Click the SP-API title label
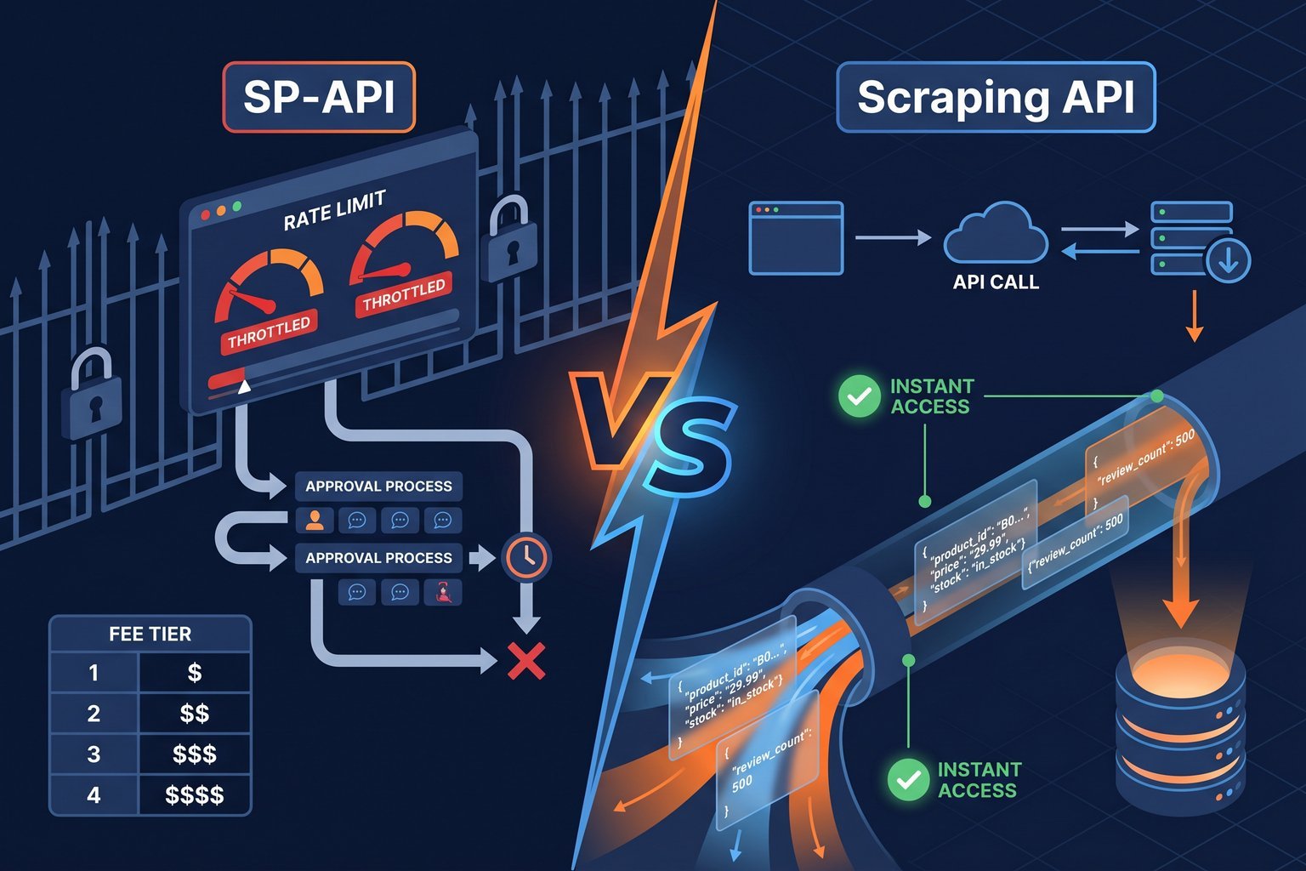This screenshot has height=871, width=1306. coord(319,97)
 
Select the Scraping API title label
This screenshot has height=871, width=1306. coord(996,97)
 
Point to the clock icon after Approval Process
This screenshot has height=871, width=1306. coord(527,557)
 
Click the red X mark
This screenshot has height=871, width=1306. coord(526,661)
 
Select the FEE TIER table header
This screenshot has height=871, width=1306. coord(150,634)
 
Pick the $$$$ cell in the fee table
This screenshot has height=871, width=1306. coord(195,794)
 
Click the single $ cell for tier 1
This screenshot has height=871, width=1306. coord(195,673)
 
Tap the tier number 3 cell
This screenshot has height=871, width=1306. coord(94,754)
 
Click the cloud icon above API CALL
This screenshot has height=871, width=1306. coord(995,234)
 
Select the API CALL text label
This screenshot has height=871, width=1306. coord(996,282)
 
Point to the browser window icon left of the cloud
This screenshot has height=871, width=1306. coord(796,237)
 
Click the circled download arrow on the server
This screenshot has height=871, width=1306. coord(1228,260)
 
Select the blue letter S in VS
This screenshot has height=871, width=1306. coord(687,447)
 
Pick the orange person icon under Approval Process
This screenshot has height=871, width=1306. coord(315,520)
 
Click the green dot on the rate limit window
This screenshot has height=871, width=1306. coord(237,207)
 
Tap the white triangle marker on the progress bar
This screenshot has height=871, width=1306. coord(245,387)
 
